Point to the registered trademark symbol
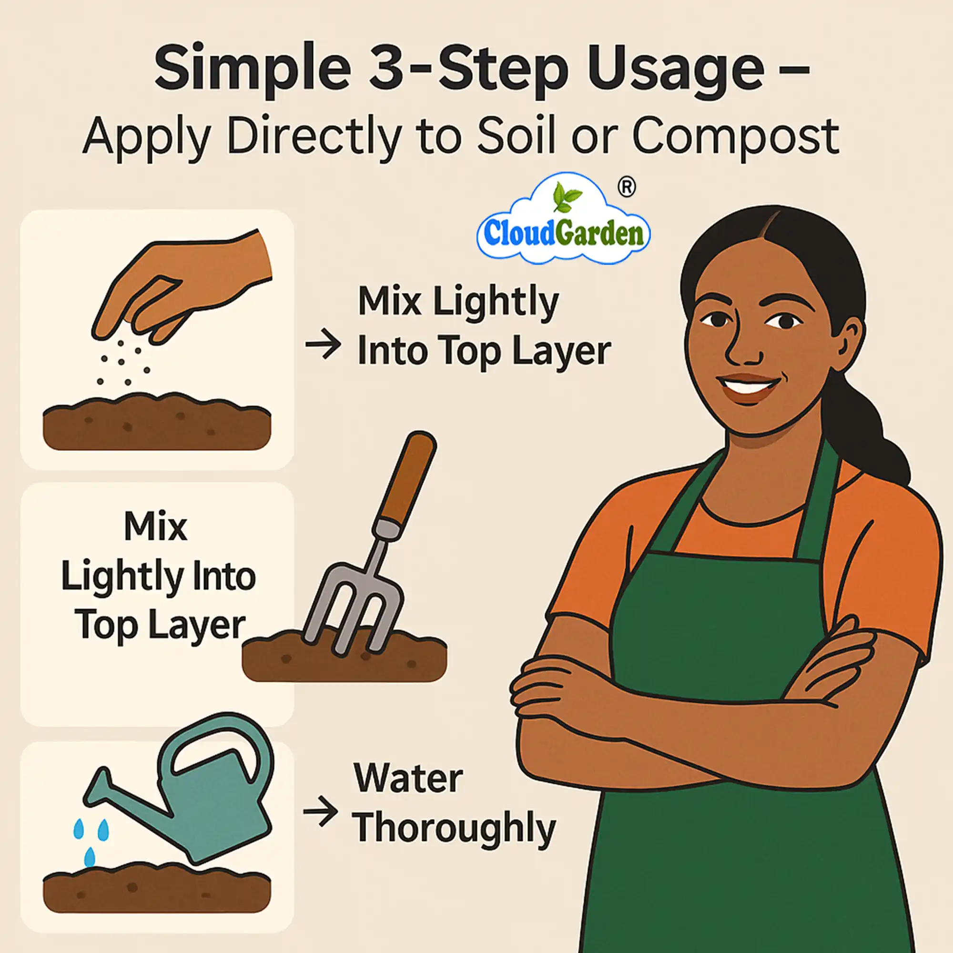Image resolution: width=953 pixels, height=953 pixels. click(x=627, y=187)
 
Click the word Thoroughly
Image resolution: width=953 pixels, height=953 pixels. click(x=454, y=830)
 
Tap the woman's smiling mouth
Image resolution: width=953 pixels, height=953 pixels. click(x=748, y=385)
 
